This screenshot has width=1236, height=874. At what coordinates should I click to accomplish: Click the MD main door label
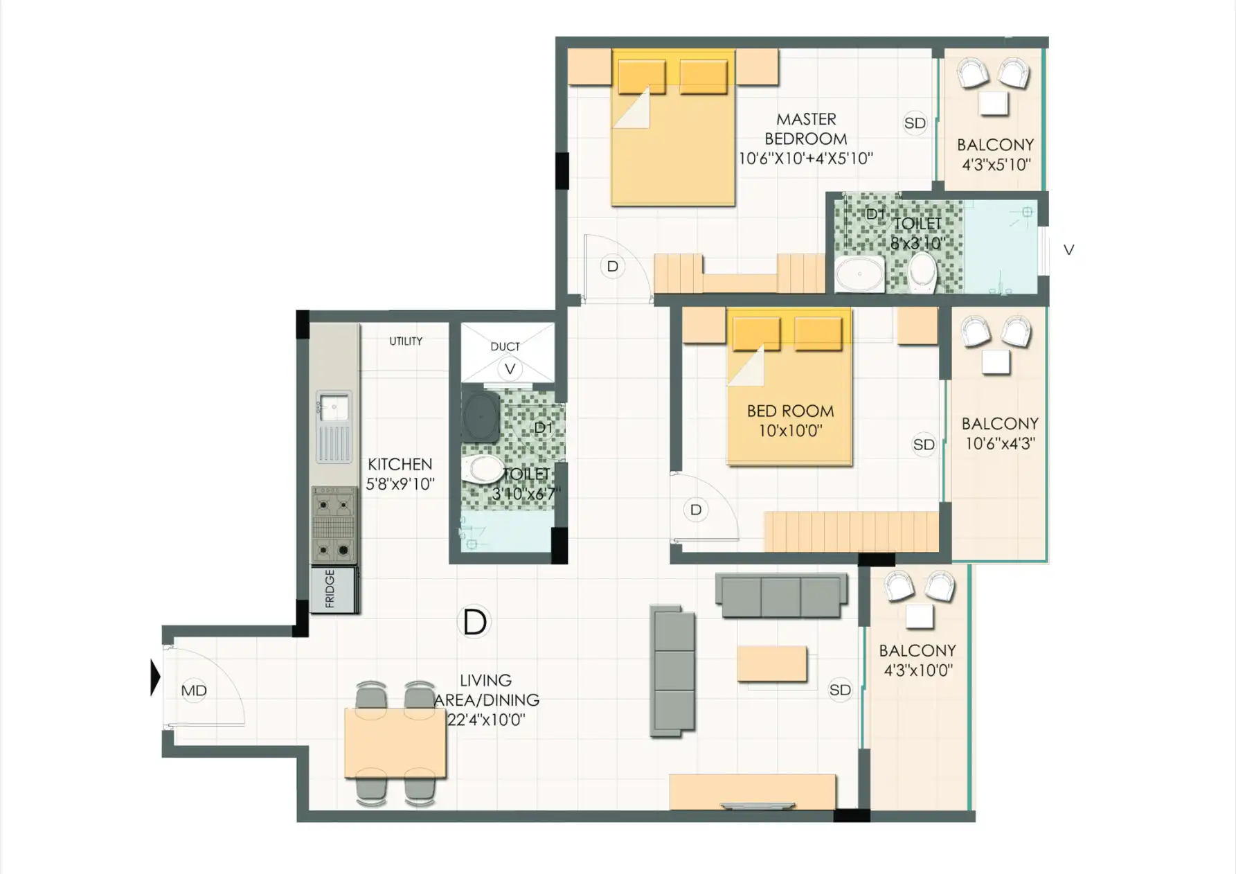194,690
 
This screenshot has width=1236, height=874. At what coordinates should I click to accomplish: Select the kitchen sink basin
334,407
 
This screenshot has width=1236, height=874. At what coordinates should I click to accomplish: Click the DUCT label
505,346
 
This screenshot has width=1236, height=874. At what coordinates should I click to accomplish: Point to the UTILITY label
406,341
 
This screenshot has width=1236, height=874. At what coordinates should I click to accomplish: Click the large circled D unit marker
474,622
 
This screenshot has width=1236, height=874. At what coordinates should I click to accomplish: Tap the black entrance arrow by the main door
156,677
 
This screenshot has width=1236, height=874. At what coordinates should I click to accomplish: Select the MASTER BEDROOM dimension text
805,159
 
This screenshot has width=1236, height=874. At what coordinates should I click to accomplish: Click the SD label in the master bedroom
915,123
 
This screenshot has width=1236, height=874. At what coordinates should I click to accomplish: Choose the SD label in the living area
840,690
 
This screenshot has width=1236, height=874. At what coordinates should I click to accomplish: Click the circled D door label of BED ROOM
696,510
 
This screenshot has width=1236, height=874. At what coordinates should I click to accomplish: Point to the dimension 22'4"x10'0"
486,720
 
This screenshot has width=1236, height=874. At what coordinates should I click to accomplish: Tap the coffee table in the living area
772,664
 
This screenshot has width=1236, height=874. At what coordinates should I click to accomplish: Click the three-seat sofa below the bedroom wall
781,596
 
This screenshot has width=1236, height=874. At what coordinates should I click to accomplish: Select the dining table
395,743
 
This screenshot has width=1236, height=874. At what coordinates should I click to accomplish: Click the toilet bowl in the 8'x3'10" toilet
922,271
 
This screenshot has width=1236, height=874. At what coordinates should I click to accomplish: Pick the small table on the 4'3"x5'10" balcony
994,103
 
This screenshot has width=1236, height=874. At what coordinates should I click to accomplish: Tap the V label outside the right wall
1068,250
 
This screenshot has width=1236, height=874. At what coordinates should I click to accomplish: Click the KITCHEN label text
400,464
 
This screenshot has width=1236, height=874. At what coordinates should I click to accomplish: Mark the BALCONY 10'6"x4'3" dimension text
1000,443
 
